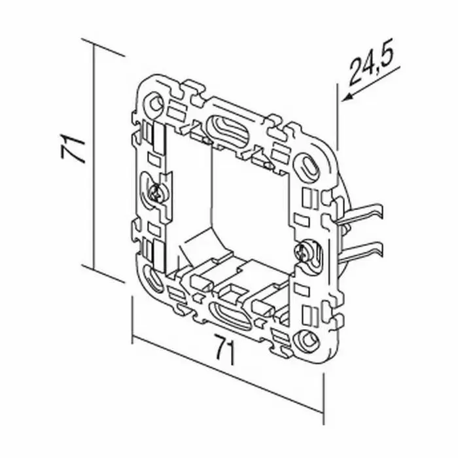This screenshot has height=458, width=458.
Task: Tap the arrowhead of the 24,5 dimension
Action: [x=348, y=97]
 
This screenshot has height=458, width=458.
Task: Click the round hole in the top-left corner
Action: [x=155, y=103]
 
